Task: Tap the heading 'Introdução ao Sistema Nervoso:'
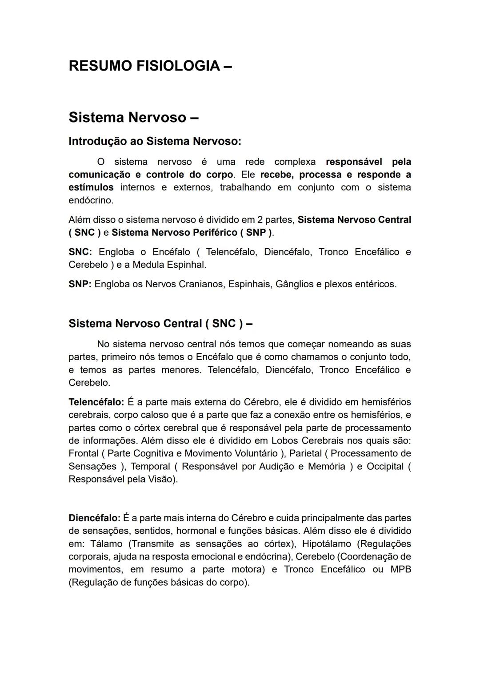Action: [x=155, y=141]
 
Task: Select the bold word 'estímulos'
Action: [x=91, y=187]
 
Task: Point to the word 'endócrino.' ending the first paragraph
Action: [x=91, y=200]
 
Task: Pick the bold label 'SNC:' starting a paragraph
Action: [x=80, y=252]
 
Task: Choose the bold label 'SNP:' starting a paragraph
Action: [x=80, y=284]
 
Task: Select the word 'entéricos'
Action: [x=375, y=284]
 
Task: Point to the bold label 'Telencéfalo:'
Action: [x=96, y=402]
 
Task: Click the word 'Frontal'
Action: [x=84, y=454]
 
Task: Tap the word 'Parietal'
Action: [x=305, y=454]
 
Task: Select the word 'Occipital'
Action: [x=385, y=467]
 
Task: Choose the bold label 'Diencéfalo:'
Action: [x=94, y=518]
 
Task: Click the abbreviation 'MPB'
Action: [x=400, y=570]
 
